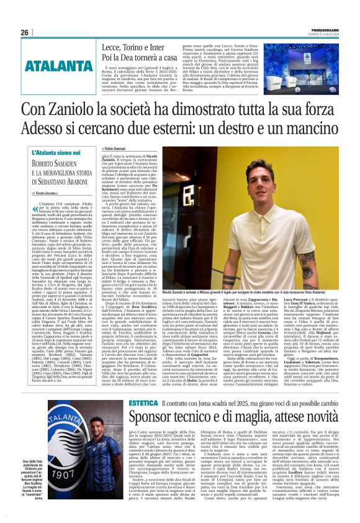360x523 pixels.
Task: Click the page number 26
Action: [x=24, y=32]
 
